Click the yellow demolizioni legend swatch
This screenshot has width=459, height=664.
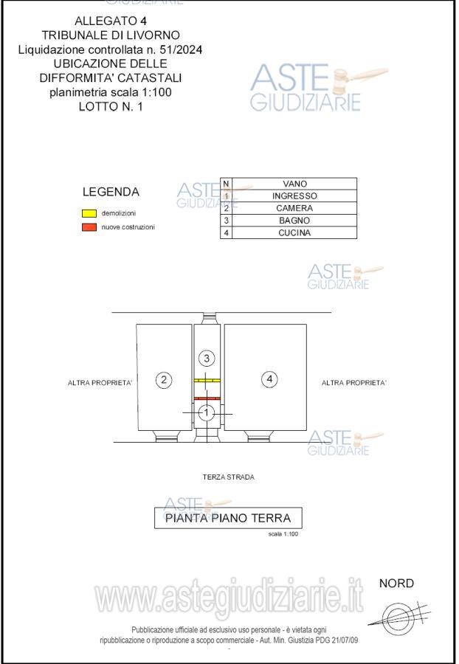click(89, 213)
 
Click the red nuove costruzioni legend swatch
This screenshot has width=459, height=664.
click(89, 227)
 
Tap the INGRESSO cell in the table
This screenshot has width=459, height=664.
click(294, 196)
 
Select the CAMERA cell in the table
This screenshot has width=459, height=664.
click(294, 208)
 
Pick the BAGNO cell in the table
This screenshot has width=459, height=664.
click(294, 221)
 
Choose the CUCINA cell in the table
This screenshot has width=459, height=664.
click(294, 233)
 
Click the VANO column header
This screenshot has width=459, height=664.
click(294, 184)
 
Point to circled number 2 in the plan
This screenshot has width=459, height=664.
click(164, 380)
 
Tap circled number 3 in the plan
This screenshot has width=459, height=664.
click(207, 359)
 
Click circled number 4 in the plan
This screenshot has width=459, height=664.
click(270, 379)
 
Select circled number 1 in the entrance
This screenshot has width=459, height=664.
click(207, 412)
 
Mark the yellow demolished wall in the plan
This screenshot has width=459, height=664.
click(207, 381)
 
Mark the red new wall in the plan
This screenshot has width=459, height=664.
click(207, 398)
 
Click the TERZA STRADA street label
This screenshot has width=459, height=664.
click(228, 477)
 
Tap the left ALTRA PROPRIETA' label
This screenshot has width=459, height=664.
click(100, 383)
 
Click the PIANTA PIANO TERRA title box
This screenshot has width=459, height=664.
click(228, 518)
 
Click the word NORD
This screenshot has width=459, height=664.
click(396, 584)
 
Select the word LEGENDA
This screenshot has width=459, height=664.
click(111, 192)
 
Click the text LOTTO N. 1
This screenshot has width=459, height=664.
click(111, 107)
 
